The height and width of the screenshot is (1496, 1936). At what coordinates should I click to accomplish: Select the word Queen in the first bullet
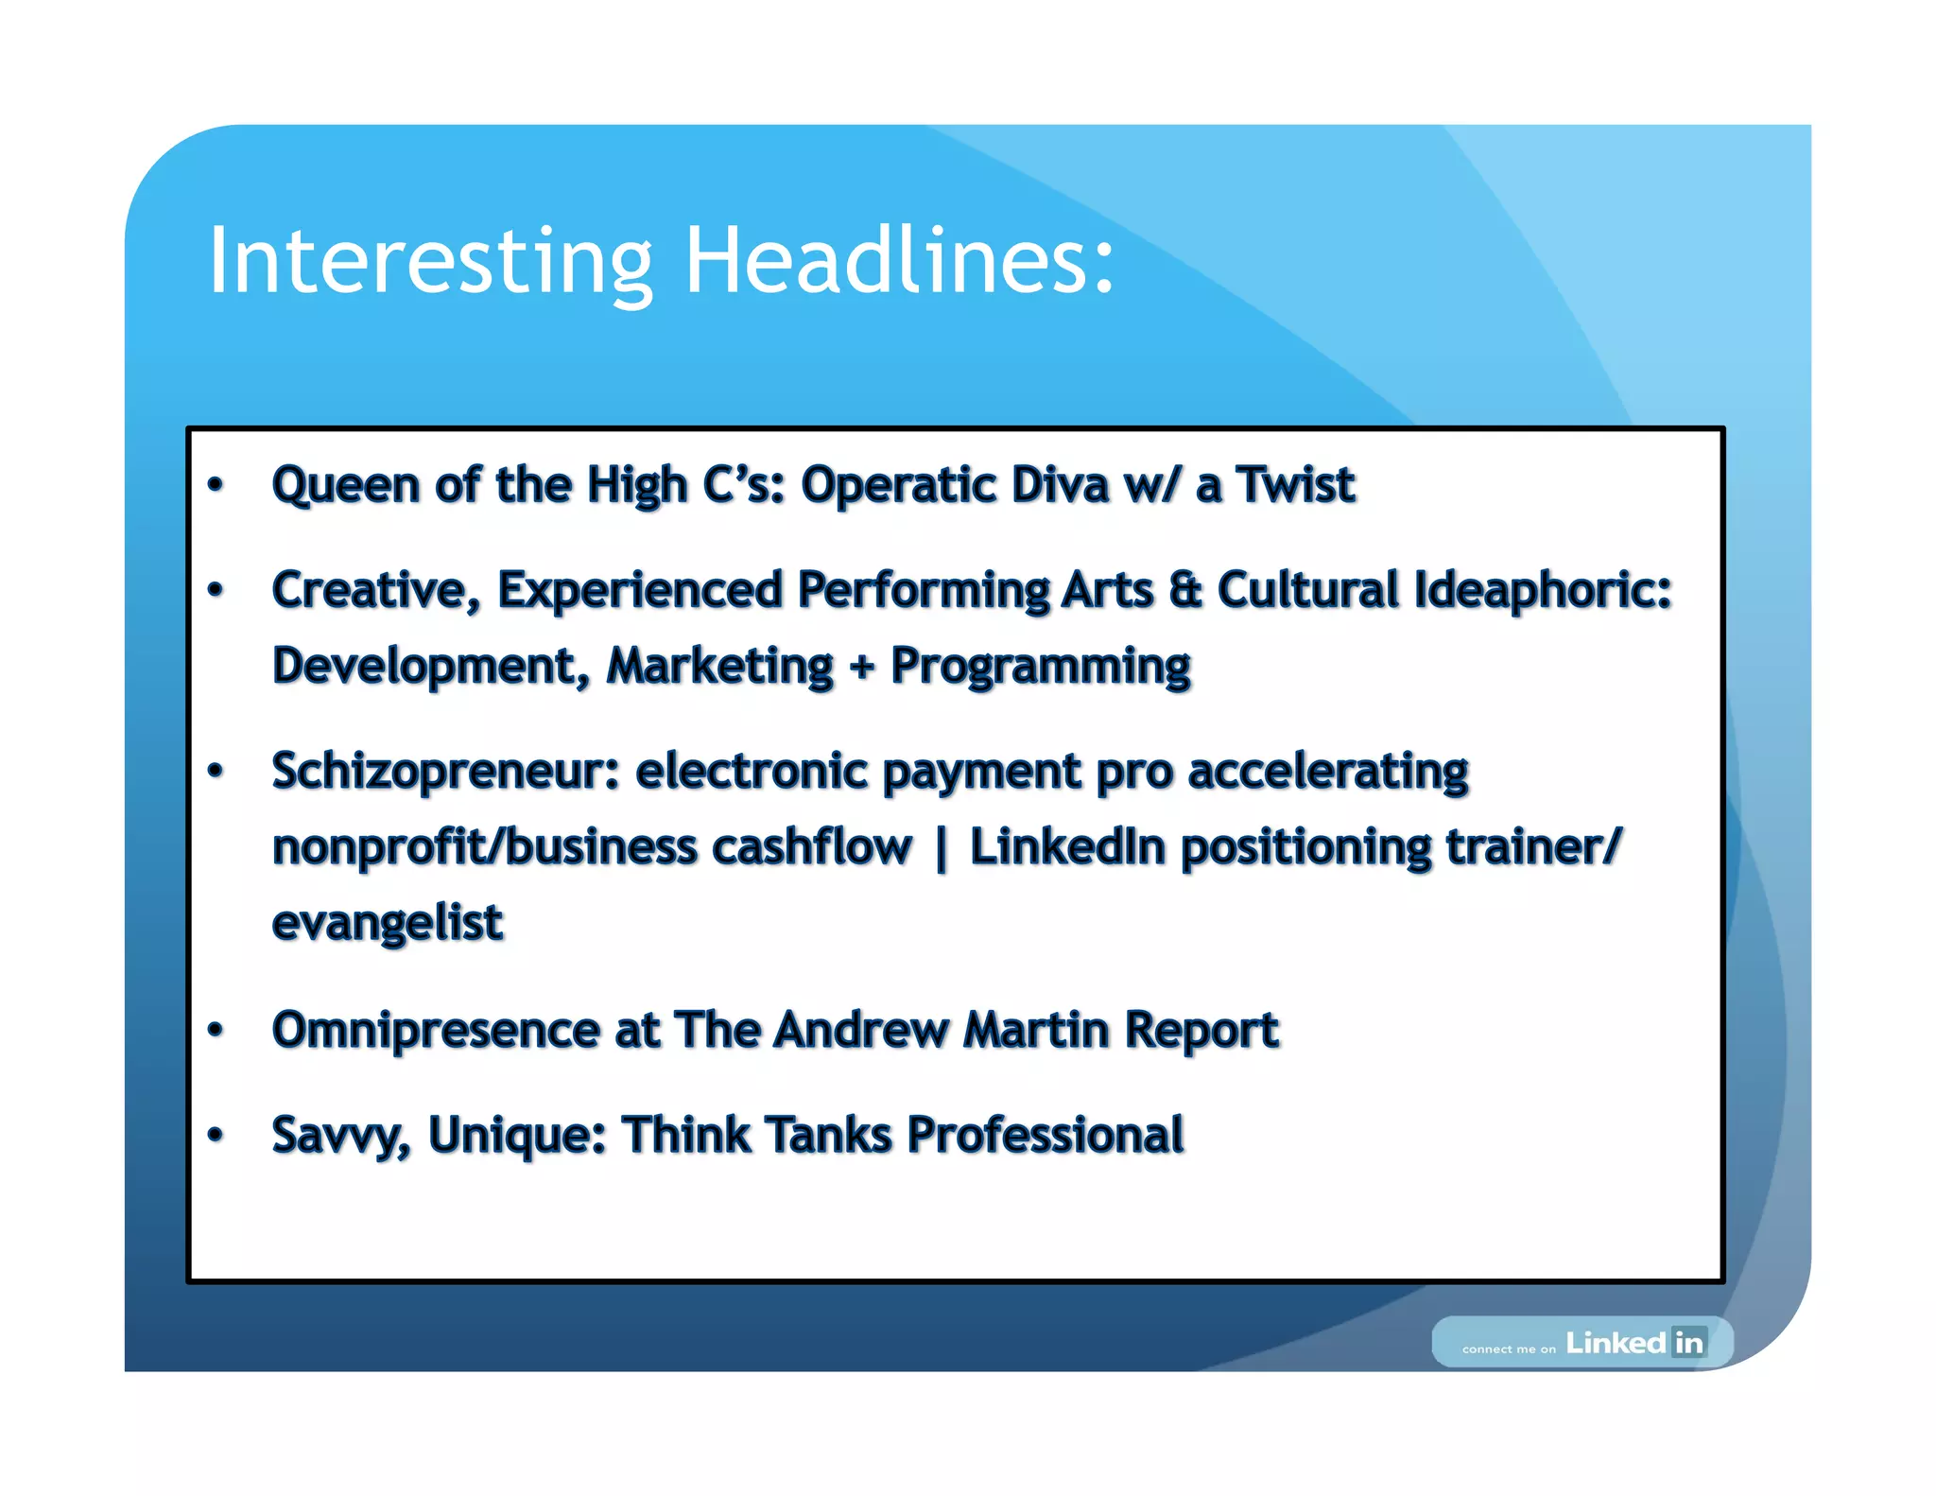click(x=345, y=486)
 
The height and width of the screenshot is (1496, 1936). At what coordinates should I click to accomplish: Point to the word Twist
click(x=1296, y=485)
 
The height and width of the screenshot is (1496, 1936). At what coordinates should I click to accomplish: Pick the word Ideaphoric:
click(x=1543, y=591)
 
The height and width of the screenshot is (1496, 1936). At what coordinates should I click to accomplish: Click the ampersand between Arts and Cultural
click(x=1184, y=590)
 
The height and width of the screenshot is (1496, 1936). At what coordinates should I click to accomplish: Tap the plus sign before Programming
click(x=861, y=667)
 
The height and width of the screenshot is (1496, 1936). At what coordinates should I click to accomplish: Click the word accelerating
click(x=1328, y=772)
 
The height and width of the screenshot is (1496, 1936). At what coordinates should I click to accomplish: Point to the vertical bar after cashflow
click(x=941, y=848)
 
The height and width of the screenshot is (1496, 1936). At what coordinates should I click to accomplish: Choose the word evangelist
click(x=388, y=924)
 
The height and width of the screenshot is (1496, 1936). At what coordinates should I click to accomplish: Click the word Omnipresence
click(x=436, y=1031)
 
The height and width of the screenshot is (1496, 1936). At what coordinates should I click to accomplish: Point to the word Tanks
click(x=828, y=1135)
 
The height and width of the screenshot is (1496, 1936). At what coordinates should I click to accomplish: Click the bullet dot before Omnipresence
click(x=216, y=1029)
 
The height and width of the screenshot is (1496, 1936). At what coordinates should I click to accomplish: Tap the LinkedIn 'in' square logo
click(x=1688, y=1342)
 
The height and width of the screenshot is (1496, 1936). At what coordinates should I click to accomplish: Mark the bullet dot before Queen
click(x=216, y=485)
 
